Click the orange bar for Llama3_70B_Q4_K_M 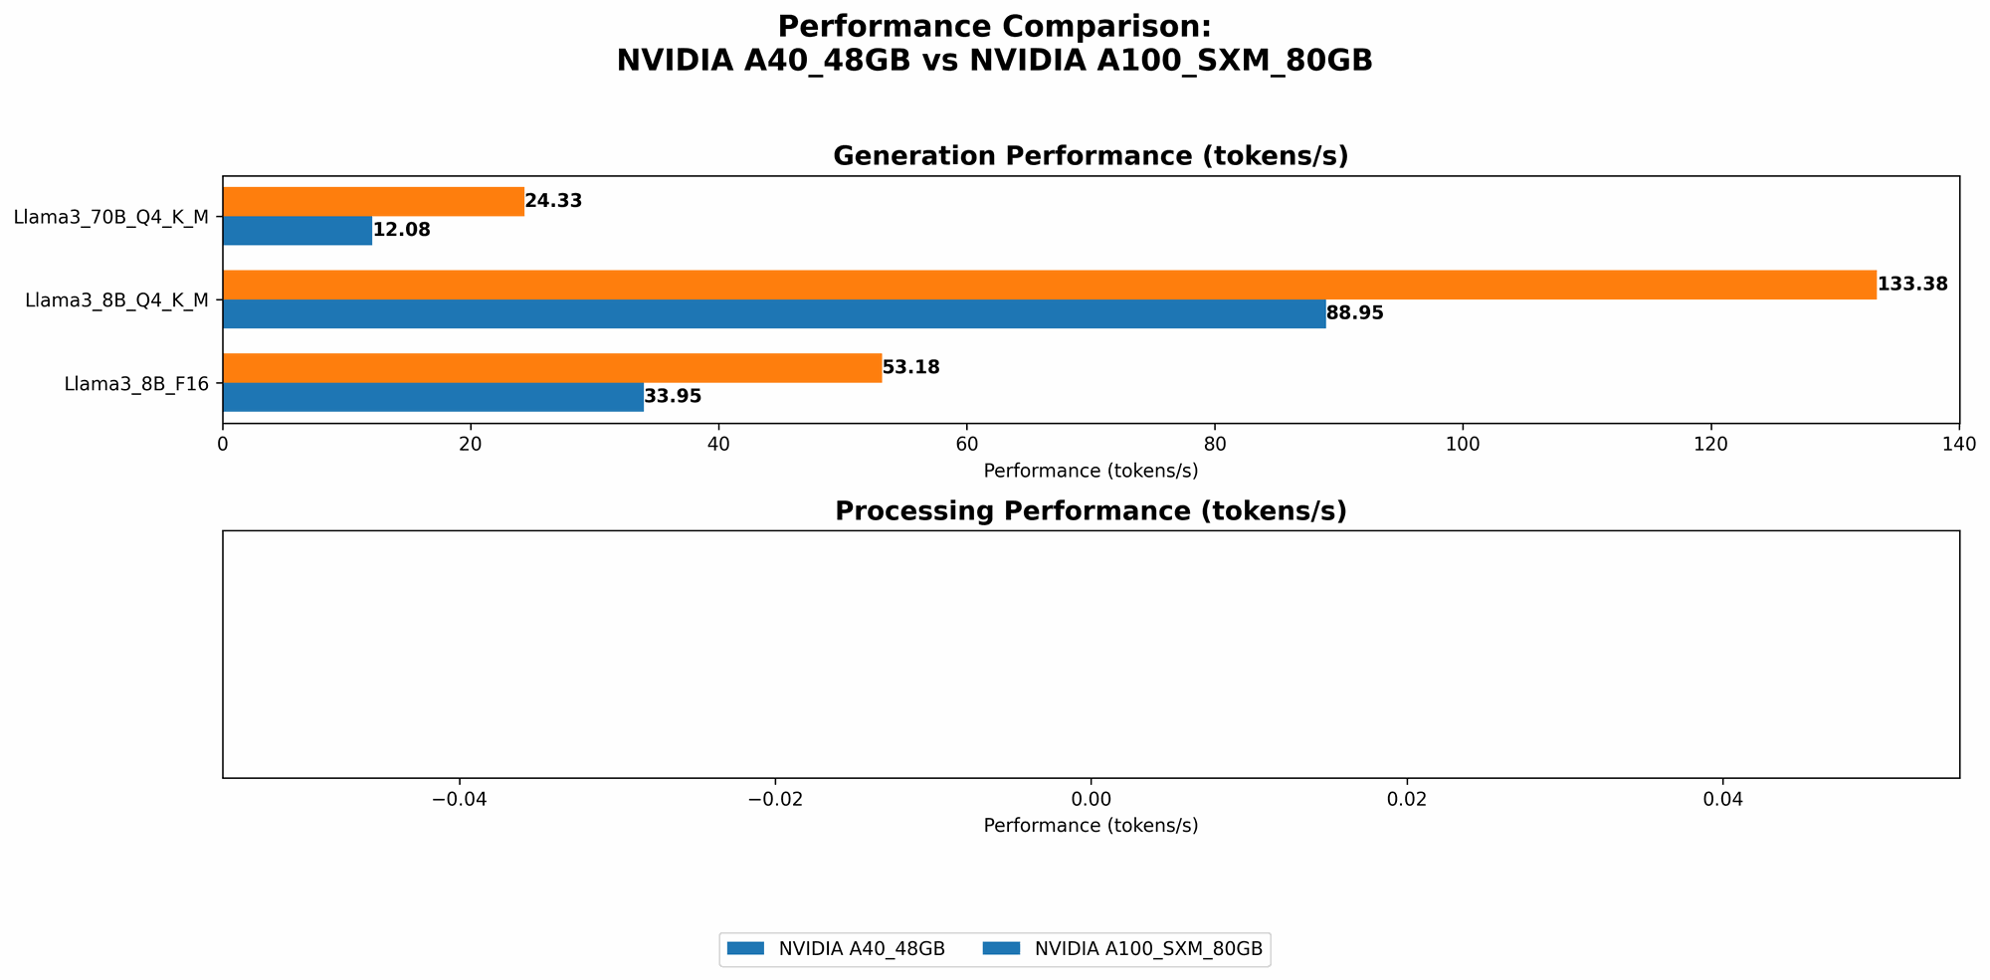click(373, 201)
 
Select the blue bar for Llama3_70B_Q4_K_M click(297, 231)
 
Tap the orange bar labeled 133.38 click(1049, 285)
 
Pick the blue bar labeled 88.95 click(773, 313)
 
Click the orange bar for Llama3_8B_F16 click(551, 368)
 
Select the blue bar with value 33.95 click(433, 397)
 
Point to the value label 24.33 click(553, 201)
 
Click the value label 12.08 click(401, 231)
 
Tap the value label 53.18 click(910, 368)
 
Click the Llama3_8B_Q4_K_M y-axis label click(115, 299)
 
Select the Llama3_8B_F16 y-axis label click(135, 382)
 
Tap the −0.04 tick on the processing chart click(459, 798)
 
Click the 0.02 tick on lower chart click(1406, 798)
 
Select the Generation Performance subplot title click(1090, 156)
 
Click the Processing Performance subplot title click(1090, 511)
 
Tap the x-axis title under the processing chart click(1090, 826)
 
